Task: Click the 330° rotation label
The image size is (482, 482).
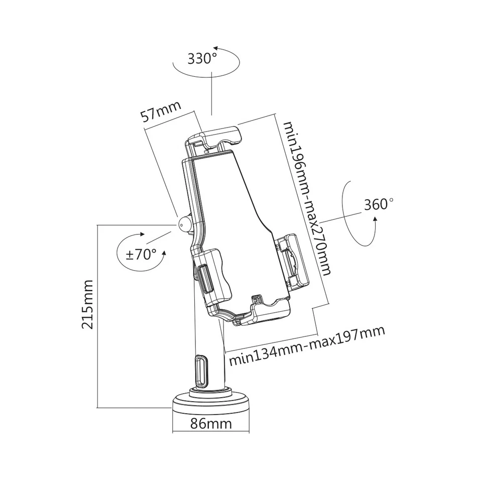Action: [x=202, y=59]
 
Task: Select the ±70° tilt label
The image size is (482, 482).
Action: [x=141, y=254]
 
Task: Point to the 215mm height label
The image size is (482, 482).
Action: [x=88, y=305]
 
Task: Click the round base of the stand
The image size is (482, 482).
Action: [x=211, y=402]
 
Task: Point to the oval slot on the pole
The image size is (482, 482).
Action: [x=199, y=371]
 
